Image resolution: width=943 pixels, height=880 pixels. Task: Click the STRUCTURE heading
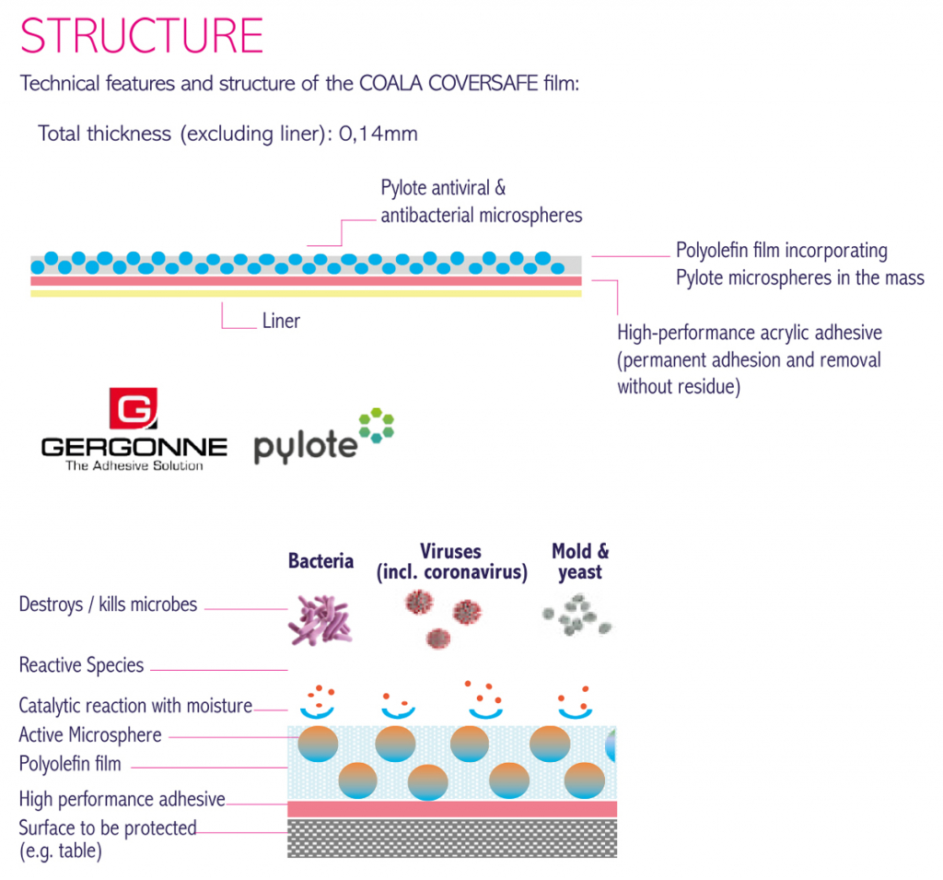(x=142, y=36)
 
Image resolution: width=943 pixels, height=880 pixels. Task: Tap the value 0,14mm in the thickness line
(x=378, y=133)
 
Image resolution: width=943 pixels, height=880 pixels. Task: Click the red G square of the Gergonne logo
(x=134, y=408)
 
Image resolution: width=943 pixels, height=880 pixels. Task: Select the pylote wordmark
(x=306, y=447)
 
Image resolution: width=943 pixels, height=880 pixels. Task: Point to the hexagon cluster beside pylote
(x=377, y=425)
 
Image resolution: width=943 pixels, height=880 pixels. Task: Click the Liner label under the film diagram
(x=281, y=321)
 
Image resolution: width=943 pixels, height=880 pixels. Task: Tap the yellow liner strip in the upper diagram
(x=306, y=294)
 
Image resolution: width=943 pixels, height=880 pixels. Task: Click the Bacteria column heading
(x=320, y=561)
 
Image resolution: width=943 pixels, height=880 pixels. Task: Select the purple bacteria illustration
(x=320, y=620)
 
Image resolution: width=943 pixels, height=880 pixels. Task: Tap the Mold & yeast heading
(x=580, y=561)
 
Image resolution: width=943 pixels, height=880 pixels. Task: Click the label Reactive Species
(x=81, y=665)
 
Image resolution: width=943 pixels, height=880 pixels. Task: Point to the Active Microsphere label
(x=90, y=735)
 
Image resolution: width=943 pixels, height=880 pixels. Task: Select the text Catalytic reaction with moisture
(x=135, y=706)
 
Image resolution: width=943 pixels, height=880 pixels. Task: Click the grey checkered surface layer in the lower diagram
(x=452, y=838)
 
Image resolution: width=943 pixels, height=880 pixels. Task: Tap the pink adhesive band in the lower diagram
(x=452, y=809)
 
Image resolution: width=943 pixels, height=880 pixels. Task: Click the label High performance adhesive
(x=122, y=799)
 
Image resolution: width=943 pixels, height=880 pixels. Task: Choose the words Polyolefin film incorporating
(x=782, y=251)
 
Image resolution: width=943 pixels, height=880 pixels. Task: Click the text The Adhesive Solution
(x=134, y=465)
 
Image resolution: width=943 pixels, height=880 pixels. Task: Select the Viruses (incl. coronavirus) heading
(x=451, y=561)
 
